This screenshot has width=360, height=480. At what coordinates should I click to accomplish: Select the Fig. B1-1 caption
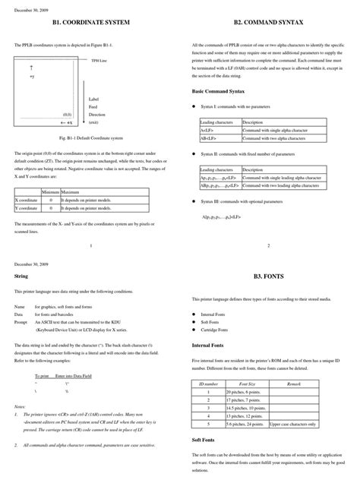(x=89, y=139)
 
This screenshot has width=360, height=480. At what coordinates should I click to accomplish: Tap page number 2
(x=269, y=245)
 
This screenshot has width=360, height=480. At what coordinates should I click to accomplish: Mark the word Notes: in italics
(x=21, y=407)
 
